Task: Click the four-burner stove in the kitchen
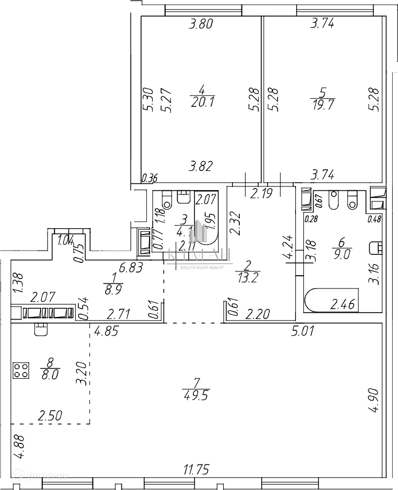click(21, 370)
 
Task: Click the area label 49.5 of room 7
click(195, 396)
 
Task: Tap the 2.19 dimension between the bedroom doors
click(263, 193)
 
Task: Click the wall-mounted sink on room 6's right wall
click(377, 247)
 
